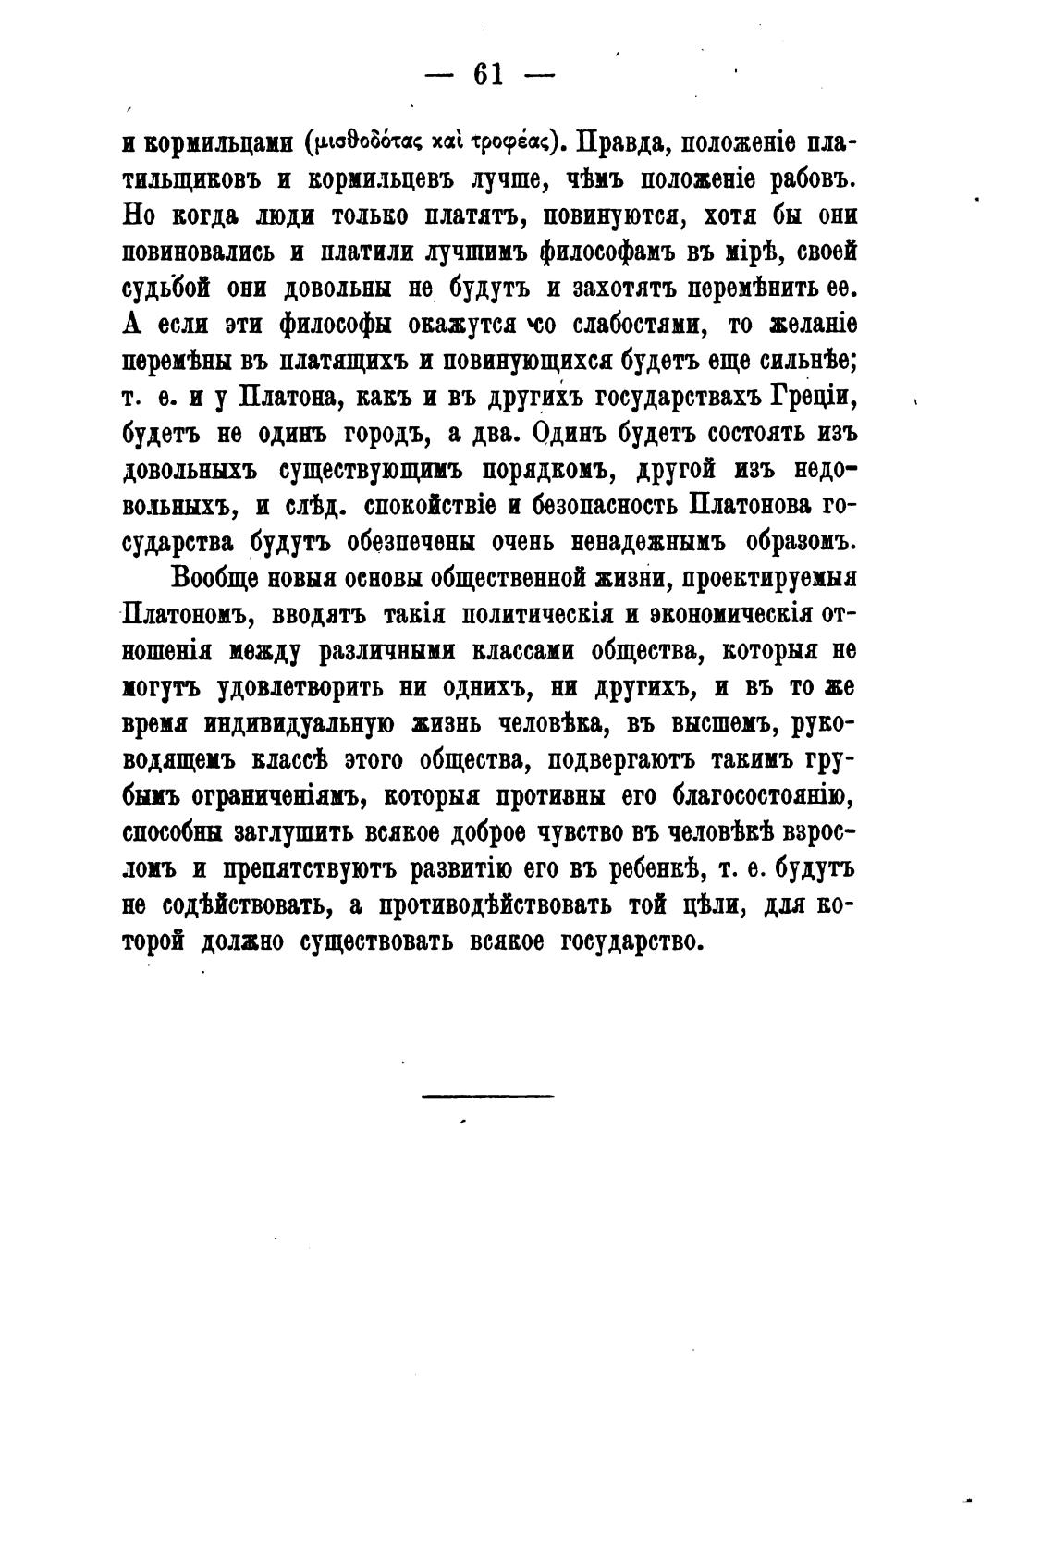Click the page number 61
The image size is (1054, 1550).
(487, 74)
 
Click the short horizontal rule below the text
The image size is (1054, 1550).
(487, 1097)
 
